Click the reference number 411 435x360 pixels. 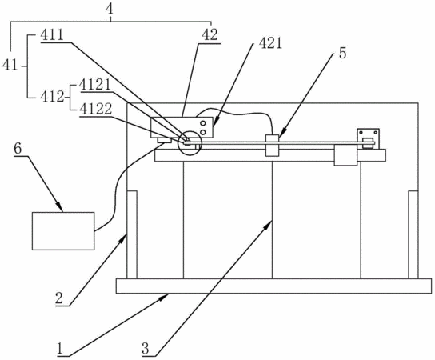click(x=52, y=35)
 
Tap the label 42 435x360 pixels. click(x=210, y=35)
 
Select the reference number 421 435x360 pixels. click(x=270, y=43)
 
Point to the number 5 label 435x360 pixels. click(x=342, y=53)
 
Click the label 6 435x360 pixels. click(x=18, y=149)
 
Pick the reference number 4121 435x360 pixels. click(x=95, y=85)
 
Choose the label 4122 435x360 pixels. click(x=95, y=109)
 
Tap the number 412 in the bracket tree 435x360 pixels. click(x=52, y=97)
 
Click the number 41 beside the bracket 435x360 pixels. click(x=10, y=66)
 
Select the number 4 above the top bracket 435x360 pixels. click(x=110, y=10)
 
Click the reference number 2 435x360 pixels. click(x=59, y=299)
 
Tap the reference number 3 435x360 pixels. click(x=146, y=349)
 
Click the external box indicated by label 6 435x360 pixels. click(x=63, y=231)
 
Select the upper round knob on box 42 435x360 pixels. click(x=203, y=123)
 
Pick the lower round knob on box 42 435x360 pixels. click(x=203, y=132)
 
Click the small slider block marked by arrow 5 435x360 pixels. click(x=272, y=145)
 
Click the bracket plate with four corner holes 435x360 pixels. click(x=368, y=139)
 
